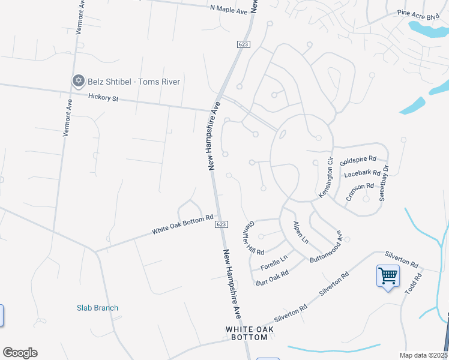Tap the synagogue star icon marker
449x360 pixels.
point(77,81)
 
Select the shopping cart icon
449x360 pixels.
point(388,277)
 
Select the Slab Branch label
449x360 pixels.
point(97,308)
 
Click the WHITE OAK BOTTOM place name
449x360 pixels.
point(246,334)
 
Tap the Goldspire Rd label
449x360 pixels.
point(358,161)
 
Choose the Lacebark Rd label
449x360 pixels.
point(363,175)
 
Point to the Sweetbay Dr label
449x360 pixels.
point(387,178)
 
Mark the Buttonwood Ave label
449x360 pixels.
point(326,247)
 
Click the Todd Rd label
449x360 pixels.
point(414,280)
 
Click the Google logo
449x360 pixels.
point(20,353)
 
